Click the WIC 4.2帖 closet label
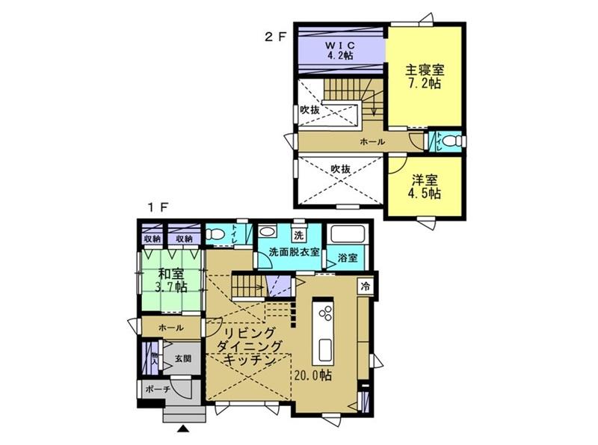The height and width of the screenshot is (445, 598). pyautogui.click(x=339, y=50)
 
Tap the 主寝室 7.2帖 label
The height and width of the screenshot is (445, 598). pyautogui.click(x=425, y=77)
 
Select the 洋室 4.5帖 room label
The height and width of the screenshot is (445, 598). pyautogui.click(x=425, y=187)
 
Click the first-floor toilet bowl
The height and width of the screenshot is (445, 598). pyautogui.click(x=215, y=234)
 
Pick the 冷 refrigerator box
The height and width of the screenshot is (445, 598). pyautogui.click(x=366, y=286)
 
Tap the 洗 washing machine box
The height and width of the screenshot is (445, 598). pyautogui.click(x=298, y=235)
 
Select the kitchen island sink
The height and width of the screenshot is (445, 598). pyautogui.click(x=325, y=350)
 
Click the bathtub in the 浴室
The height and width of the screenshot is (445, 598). pyautogui.click(x=348, y=233)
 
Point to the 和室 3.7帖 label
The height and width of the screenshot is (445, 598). pyautogui.click(x=171, y=280)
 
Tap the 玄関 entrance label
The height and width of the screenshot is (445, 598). pyautogui.click(x=183, y=359)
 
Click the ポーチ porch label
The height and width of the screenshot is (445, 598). pyautogui.click(x=158, y=389)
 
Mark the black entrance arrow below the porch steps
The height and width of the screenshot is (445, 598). pyautogui.click(x=183, y=429)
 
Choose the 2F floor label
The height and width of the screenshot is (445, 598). pyautogui.click(x=274, y=37)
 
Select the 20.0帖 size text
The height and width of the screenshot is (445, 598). pyautogui.click(x=312, y=375)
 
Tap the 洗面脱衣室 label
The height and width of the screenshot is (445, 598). pyautogui.click(x=294, y=252)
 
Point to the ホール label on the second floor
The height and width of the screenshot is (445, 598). pyautogui.click(x=372, y=142)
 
